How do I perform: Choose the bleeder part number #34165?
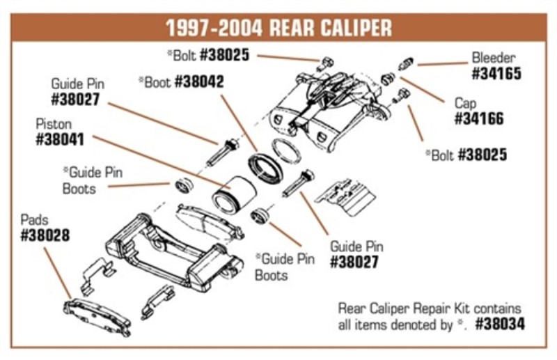pyautogui.click(x=496, y=72)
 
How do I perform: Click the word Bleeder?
pyautogui.click(x=494, y=57)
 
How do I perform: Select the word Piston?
pyautogui.click(x=53, y=124)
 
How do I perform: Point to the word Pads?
pyautogui.click(x=35, y=220)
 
